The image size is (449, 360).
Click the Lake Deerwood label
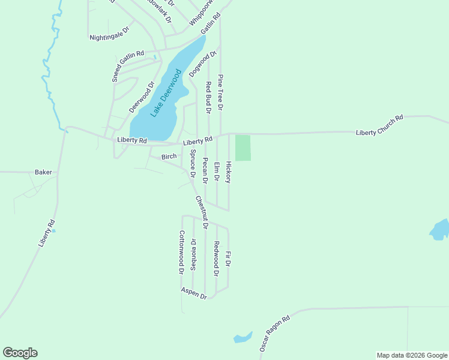tap(166, 94)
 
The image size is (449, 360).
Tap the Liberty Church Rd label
tap(379, 125)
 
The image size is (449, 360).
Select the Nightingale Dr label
tap(109, 33)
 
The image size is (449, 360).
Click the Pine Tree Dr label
tap(220, 92)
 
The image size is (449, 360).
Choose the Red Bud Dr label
tap(208, 98)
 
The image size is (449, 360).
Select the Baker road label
tap(43, 172)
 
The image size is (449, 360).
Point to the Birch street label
tap(169, 157)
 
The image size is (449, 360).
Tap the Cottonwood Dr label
tap(181, 253)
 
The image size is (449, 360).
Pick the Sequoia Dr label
tap(193, 255)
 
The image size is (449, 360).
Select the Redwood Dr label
tap(217, 259)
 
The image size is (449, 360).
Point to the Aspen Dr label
tap(194, 293)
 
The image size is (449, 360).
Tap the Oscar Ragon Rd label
tap(275, 333)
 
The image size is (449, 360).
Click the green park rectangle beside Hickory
tap(243, 148)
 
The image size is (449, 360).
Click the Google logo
tap(20, 353)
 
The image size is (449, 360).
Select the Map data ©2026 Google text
tap(411, 355)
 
